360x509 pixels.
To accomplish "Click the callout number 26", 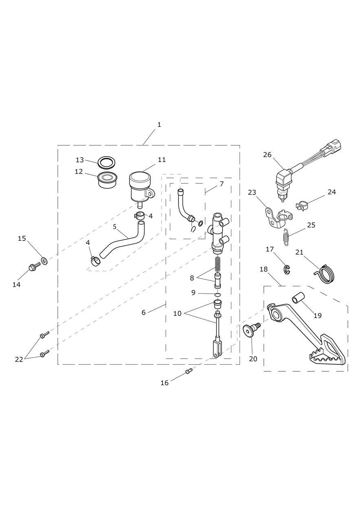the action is [x=268, y=155].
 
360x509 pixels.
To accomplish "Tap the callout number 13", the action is [x=80, y=160].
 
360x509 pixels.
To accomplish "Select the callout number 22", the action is [x=19, y=360].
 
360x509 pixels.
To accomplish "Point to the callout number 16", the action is [x=165, y=383].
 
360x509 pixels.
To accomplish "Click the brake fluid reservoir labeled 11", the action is [x=141, y=189].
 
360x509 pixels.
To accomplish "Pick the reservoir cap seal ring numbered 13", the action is [x=107, y=162].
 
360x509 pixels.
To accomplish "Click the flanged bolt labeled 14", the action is [x=34, y=267].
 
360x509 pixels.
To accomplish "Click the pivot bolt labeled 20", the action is [x=251, y=329].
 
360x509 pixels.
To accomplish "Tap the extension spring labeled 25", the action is [x=286, y=237].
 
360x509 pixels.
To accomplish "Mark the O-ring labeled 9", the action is [x=218, y=295].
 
